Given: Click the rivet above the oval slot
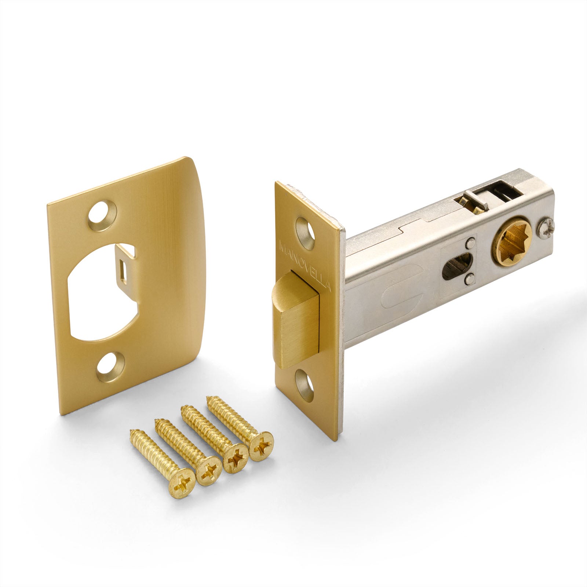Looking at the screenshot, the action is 470,242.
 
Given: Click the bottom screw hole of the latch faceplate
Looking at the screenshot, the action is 305,385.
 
